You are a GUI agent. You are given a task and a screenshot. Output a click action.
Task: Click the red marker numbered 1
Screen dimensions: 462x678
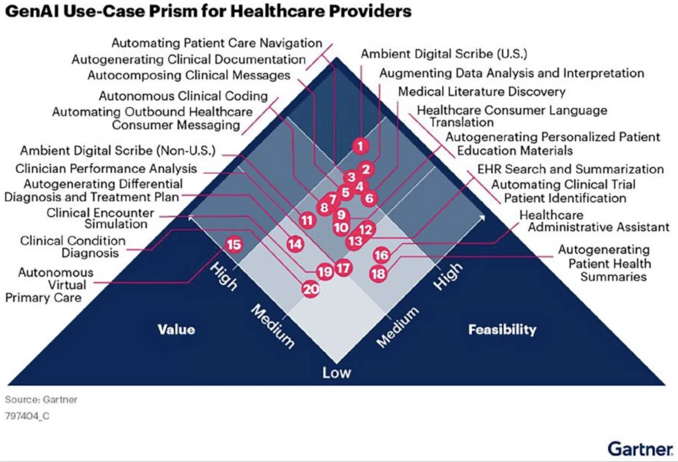tap(360, 146)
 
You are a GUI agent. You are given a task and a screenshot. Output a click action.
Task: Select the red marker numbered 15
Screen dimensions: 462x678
tap(233, 245)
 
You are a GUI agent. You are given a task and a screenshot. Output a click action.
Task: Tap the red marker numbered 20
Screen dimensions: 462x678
tap(311, 289)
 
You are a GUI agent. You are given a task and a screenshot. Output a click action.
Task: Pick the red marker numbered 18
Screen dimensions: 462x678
tap(378, 274)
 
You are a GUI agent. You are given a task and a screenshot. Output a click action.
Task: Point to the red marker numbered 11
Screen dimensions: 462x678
tap(307, 220)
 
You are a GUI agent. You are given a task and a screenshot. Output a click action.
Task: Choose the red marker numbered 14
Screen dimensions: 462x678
tap(295, 244)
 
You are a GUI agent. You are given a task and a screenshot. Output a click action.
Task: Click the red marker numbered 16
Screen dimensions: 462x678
tap(381, 255)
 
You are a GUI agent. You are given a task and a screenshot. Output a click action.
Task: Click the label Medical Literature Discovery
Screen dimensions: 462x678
tap(482, 91)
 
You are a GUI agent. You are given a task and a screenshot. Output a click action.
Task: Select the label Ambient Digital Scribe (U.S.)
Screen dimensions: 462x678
tap(444, 54)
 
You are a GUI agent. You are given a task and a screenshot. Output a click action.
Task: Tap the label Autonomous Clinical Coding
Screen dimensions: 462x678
tap(183, 96)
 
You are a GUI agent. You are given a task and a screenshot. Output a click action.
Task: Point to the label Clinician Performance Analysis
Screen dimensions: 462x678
tap(106, 169)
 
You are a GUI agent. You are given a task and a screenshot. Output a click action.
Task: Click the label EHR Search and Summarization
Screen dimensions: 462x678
tap(570, 169)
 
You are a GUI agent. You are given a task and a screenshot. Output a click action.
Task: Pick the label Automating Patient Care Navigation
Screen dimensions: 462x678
tap(217, 43)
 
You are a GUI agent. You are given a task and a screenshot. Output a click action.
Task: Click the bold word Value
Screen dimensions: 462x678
tap(176, 329)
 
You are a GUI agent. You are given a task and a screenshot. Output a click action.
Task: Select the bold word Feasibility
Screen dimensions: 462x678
tap(502, 329)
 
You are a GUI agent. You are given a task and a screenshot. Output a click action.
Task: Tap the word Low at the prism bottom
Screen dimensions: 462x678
tap(336, 373)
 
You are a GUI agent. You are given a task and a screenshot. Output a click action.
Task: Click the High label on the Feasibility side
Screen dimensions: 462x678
tap(448, 276)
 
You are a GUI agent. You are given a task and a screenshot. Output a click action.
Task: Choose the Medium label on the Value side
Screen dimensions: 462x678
tap(272, 326)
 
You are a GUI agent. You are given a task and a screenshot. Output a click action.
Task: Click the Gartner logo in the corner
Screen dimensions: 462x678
tap(640, 448)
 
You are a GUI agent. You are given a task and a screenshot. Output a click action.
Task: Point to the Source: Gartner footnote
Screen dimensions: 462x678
tap(41, 399)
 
